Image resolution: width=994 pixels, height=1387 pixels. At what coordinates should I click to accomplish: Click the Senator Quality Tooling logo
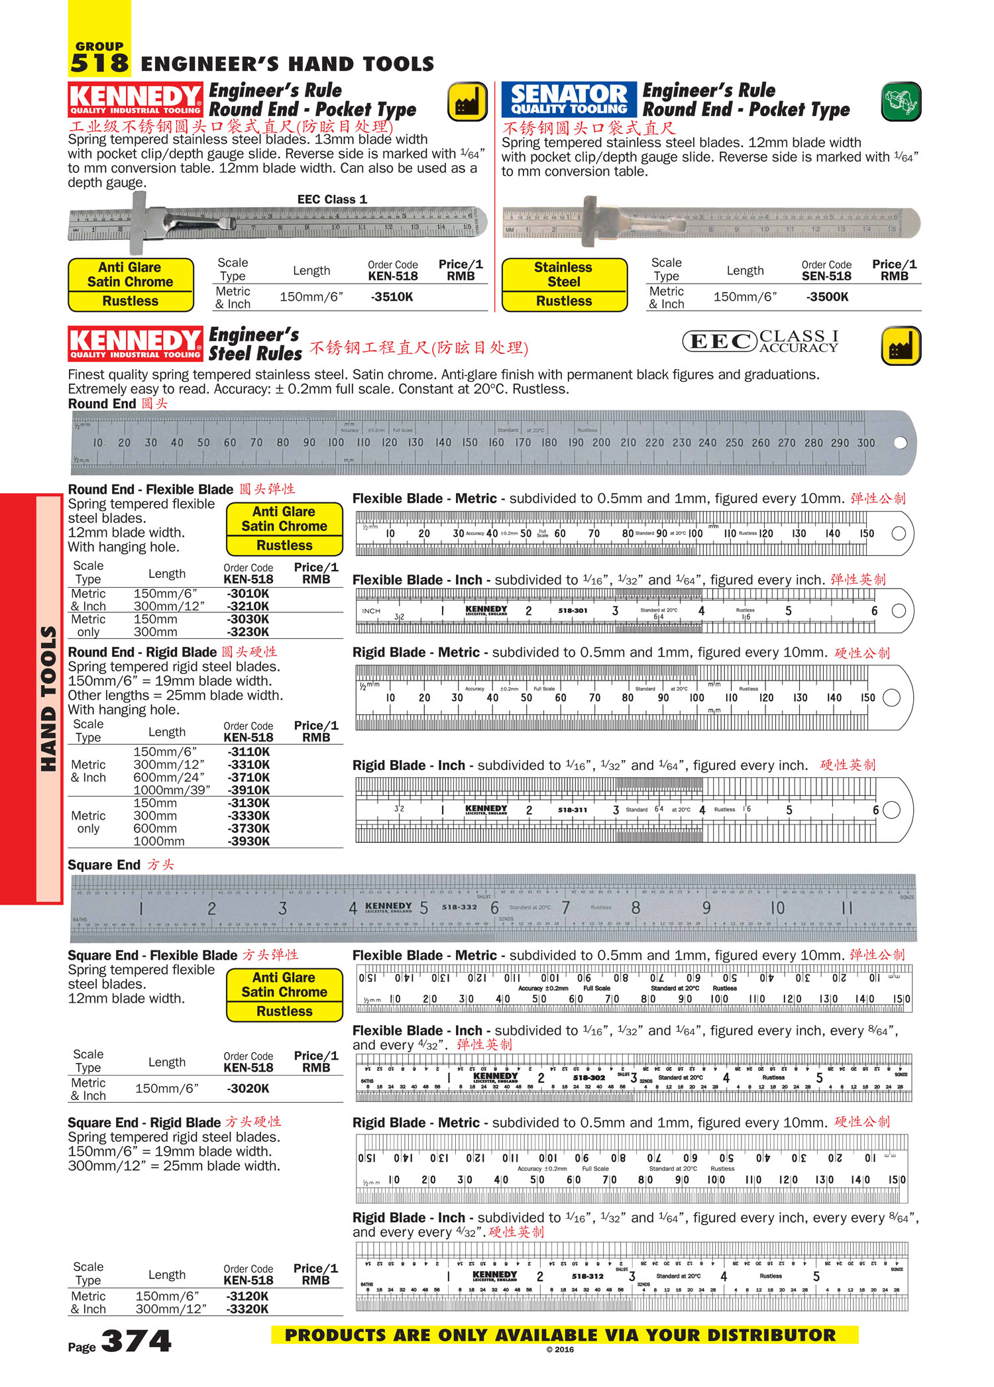tap(569, 100)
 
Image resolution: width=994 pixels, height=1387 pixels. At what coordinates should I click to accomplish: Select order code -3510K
tap(392, 297)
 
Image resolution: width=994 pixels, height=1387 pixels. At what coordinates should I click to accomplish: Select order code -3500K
tap(827, 297)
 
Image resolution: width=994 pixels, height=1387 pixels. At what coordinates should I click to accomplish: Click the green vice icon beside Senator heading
tap(901, 102)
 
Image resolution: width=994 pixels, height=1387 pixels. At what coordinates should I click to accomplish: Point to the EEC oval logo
tap(719, 341)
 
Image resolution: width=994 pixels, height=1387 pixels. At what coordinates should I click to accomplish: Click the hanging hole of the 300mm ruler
tap(900, 443)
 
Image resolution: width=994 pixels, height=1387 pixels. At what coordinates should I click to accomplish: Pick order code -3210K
tap(248, 606)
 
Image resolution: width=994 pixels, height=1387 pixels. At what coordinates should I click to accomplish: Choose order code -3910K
tap(248, 790)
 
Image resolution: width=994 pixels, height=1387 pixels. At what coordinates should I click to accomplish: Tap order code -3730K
tap(248, 828)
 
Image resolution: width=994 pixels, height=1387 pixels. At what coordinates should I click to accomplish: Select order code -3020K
tap(248, 1088)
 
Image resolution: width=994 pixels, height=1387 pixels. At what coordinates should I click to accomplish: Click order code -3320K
tap(247, 1309)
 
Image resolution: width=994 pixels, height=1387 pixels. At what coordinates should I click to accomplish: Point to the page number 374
tap(136, 1341)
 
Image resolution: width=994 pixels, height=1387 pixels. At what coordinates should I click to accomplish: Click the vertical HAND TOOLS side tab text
tap(48, 699)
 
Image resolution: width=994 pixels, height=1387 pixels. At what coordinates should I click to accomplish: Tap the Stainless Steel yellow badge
tap(564, 275)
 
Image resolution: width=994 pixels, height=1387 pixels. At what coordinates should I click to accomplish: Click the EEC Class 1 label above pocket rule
tap(332, 199)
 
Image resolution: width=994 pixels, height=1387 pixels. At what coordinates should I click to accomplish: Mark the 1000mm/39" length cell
tap(172, 790)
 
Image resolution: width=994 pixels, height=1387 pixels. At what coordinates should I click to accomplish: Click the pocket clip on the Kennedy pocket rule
tap(192, 223)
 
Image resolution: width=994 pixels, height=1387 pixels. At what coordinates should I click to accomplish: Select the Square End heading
tap(104, 865)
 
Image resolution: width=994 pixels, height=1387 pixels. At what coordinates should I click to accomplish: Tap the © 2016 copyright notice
tap(560, 1349)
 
